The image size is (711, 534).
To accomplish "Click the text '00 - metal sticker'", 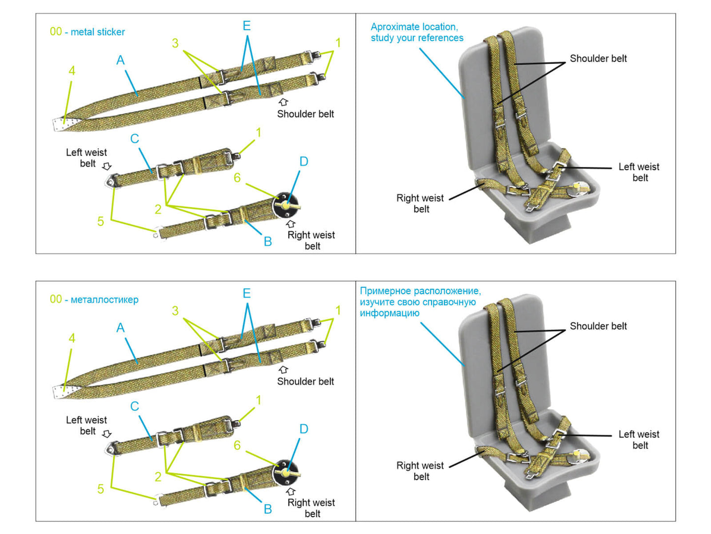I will (88, 32).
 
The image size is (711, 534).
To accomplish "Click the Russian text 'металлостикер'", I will (104, 300).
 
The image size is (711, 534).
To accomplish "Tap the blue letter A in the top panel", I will (121, 61).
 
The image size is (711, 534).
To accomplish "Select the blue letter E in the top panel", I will (247, 26).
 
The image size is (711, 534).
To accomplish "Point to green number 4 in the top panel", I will (72, 71).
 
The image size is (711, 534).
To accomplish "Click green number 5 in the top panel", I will (100, 222).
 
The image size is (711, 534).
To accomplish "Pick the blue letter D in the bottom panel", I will (304, 429).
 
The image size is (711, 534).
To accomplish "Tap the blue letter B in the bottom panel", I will (268, 509).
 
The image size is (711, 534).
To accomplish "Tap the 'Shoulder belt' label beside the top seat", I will (598, 59).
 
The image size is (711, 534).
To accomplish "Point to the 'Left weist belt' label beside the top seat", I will (639, 172).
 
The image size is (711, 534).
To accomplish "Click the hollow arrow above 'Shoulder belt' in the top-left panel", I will (283, 102).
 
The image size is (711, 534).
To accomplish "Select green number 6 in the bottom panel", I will (237, 445).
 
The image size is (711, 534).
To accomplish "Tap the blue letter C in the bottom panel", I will (134, 406).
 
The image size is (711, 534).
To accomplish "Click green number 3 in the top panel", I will (175, 43).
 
